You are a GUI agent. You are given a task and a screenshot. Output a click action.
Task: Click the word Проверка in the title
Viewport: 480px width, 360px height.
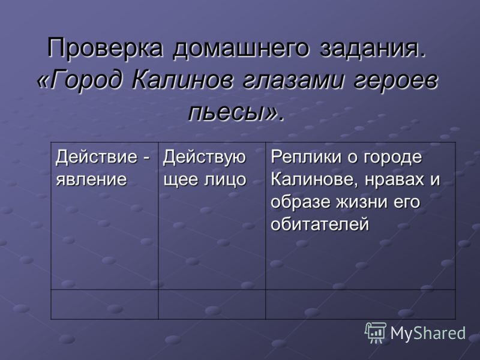pyautogui.click(x=104, y=48)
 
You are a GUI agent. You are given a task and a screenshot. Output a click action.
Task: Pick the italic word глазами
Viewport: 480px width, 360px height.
pyautogui.click(x=292, y=80)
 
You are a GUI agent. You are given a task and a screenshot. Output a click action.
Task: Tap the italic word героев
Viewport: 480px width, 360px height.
pyautogui.click(x=395, y=81)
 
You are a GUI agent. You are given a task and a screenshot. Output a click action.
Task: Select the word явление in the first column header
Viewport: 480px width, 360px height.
pyautogui.click(x=91, y=179)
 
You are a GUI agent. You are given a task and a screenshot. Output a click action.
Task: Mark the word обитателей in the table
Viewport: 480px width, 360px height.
pyautogui.click(x=320, y=224)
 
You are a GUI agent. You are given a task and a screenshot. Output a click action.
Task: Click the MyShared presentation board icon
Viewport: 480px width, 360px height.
pyautogui.click(x=375, y=332)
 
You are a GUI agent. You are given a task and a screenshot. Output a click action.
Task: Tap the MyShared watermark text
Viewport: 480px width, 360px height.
pyautogui.click(x=428, y=333)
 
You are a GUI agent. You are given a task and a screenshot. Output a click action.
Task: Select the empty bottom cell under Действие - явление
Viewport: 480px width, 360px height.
pyautogui.click(x=104, y=305)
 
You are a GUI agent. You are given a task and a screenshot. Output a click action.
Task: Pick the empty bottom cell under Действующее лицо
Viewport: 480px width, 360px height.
pyautogui.click(x=212, y=305)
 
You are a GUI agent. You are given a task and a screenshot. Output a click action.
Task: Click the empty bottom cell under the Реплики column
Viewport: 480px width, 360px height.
pyautogui.click(x=361, y=305)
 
